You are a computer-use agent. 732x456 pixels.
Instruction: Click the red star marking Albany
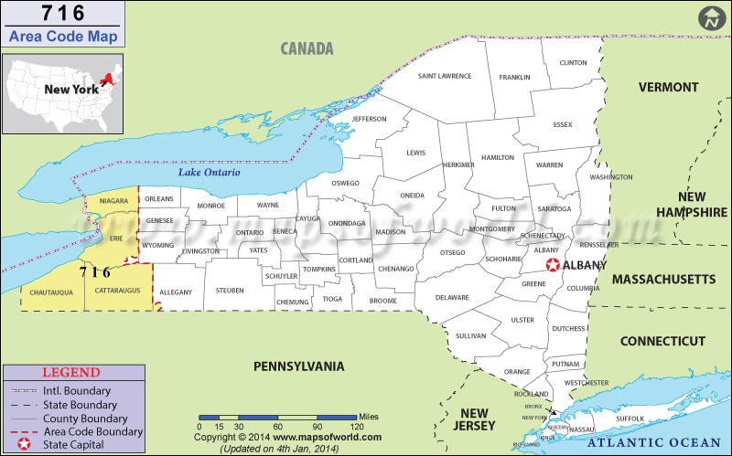553,265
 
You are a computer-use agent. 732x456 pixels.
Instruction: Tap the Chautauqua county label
45,292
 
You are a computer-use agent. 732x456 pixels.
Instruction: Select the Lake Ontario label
210,173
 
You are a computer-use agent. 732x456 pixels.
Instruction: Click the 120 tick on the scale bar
353,427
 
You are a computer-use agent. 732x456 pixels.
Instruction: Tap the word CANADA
307,48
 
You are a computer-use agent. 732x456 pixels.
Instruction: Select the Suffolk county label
631,419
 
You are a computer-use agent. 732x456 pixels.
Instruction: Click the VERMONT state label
668,88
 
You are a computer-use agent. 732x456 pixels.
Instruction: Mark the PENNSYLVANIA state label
298,366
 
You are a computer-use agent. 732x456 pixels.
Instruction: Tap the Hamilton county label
498,157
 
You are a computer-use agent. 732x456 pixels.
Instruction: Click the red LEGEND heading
70,373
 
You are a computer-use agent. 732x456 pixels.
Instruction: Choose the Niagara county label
113,200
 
